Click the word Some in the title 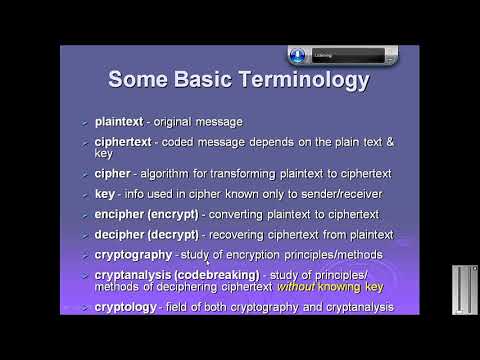pos(143,78)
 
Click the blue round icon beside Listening pos(297,54)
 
